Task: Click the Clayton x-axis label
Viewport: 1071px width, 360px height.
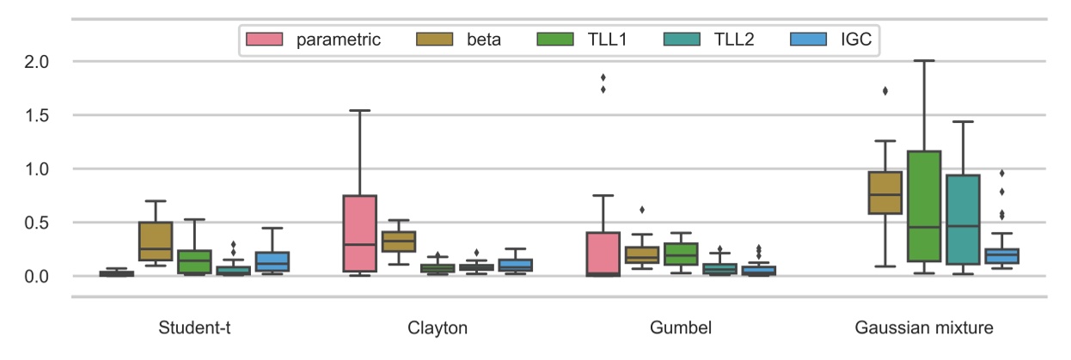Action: (438, 328)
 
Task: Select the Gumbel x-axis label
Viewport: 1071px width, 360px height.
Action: (681, 328)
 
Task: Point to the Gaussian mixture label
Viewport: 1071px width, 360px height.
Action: (924, 328)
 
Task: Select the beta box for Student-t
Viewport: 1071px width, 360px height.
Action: (156, 241)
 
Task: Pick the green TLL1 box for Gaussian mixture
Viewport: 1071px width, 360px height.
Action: (924, 206)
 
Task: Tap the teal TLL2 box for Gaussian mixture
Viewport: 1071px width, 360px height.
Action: (963, 219)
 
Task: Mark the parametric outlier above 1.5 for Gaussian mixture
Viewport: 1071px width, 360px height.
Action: (884, 90)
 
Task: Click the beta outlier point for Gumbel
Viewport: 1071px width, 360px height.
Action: (641, 210)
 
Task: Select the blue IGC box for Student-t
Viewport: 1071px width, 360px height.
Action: (272, 261)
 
